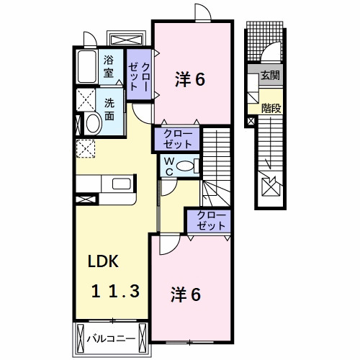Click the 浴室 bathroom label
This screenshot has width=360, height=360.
point(109,66)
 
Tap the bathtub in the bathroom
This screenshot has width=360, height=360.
point(88,68)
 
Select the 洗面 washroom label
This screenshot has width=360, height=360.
point(109,108)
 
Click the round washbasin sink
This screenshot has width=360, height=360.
point(92,123)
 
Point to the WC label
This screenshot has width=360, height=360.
point(167,166)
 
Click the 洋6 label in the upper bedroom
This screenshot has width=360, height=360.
point(190,79)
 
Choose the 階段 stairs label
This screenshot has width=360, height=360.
point(271,108)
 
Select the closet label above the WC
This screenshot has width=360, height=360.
point(176,138)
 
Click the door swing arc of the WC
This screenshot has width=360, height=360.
point(169,188)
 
